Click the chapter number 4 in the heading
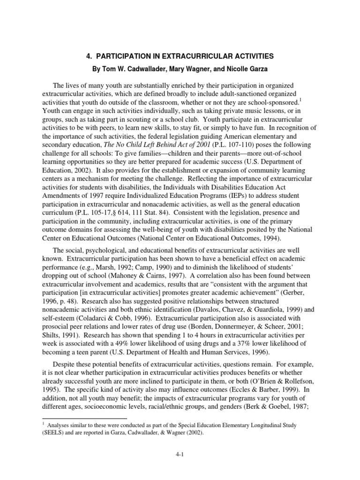89,56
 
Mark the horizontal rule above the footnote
84,418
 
